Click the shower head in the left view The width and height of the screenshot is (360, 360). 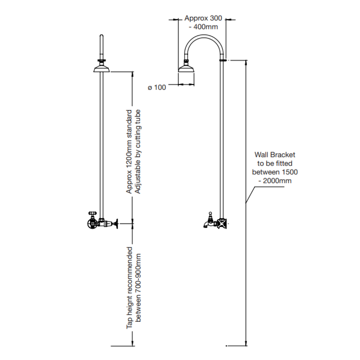[x=102, y=68]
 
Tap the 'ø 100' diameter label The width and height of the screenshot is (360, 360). [x=157, y=88]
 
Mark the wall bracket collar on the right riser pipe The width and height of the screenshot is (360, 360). [x=223, y=60]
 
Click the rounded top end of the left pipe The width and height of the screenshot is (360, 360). [x=102, y=36]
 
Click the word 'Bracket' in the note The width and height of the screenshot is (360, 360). [x=284, y=154]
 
